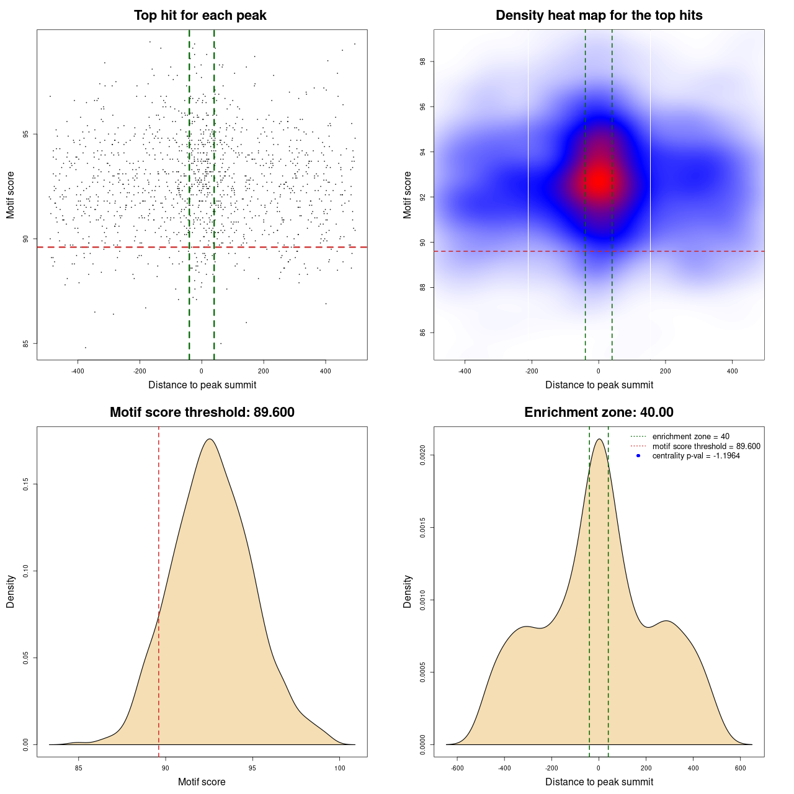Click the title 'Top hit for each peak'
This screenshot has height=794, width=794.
click(x=200, y=16)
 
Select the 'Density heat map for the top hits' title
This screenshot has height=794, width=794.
click(x=599, y=16)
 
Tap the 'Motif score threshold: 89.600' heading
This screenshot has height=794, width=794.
click(x=202, y=413)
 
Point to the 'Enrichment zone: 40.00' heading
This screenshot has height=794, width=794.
click(x=599, y=413)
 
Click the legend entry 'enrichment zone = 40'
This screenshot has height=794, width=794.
click(x=690, y=437)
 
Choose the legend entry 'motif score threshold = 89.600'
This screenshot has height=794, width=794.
click(x=706, y=446)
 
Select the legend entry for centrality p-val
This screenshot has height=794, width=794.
click(x=696, y=456)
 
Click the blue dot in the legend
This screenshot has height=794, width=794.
click(x=638, y=456)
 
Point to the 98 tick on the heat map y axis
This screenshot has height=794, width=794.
click(x=423, y=61)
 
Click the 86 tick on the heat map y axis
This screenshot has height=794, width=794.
click(x=423, y=332)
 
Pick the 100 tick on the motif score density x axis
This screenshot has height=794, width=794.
click(x=339, y=769)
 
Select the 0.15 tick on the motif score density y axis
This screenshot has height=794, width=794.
click(x=26, y=484)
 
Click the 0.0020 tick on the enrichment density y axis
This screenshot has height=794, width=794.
click(x=423, y=455)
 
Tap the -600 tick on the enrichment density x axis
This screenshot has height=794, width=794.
click(x=457, y=769)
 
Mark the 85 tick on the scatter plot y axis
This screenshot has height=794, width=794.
click(x=26, y=343)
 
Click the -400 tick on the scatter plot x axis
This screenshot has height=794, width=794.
click(x=78, y=372)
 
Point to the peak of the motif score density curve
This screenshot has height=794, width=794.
click(x=210, y=439)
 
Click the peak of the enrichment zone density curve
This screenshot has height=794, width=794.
click(x=599, y=439)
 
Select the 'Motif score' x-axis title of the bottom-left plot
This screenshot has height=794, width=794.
click(x=202, y=782)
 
